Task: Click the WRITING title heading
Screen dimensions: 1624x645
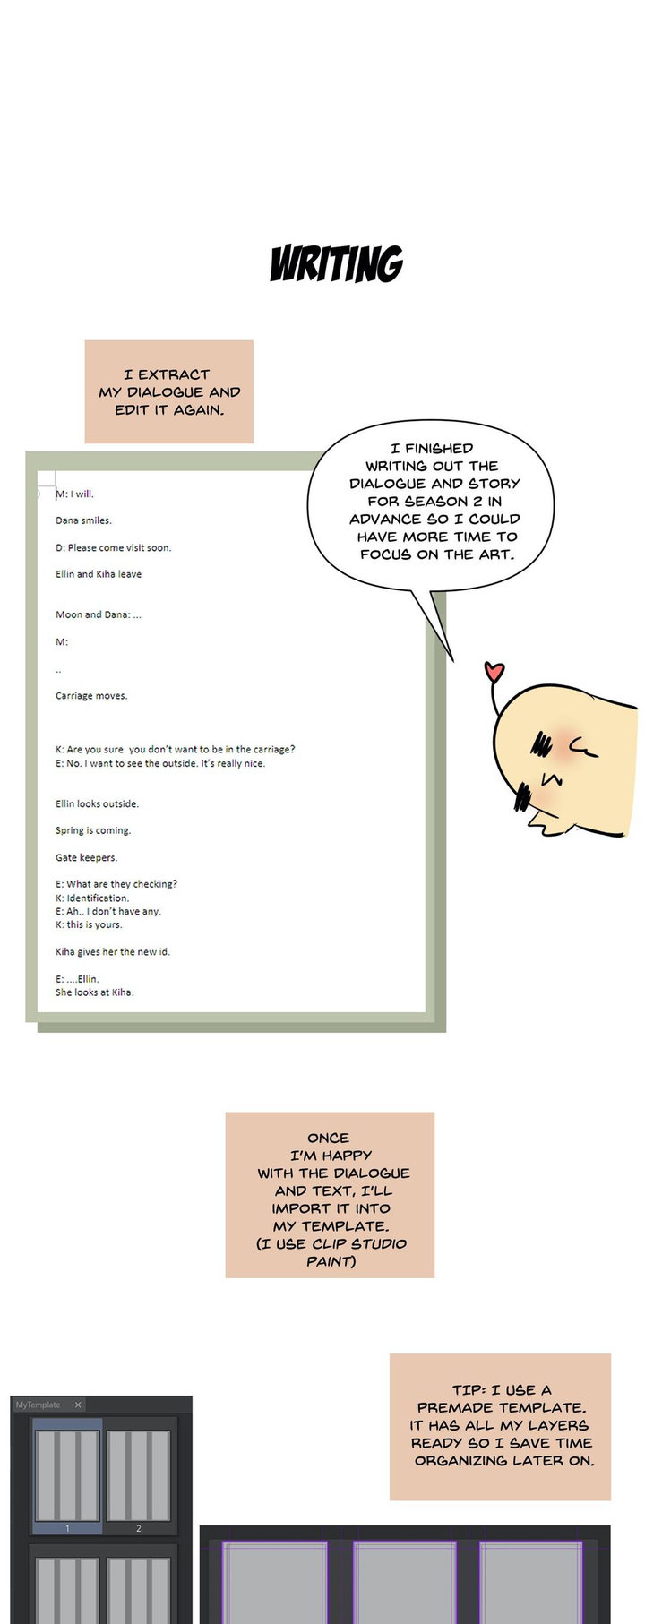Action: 336,264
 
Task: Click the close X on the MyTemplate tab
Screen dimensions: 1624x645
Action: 78,1405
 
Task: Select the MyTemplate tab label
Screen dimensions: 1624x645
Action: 39,1405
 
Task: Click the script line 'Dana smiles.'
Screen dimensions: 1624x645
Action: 83,520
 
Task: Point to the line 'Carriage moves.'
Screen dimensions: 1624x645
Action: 91,696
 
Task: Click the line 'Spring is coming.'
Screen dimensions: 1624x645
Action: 93,830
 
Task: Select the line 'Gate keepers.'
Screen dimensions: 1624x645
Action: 86,857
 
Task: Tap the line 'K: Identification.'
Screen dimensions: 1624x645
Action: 92,898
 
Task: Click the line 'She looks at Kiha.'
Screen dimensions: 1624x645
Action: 94,992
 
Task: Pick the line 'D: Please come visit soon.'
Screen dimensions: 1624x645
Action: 113,547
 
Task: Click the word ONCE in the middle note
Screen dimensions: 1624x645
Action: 329,1138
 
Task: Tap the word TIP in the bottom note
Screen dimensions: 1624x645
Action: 467,1390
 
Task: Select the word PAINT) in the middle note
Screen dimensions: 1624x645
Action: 331,1261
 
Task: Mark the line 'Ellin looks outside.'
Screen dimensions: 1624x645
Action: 97,803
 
